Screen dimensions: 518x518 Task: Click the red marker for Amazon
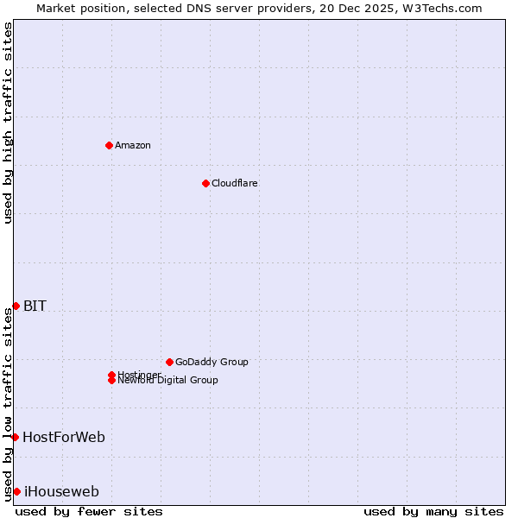click(x=109, y=145)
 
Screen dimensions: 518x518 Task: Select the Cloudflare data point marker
click(x=205, y=183)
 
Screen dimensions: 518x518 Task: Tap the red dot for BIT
click(x=16, y=306)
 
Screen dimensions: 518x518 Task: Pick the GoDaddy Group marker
click(x=169, y=362)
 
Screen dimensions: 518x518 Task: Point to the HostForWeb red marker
click(x=15, y=437)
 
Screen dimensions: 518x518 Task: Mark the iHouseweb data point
click(x=16, y=491)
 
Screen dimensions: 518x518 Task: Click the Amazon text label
click(x=133, y=145)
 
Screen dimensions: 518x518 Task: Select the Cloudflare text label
click(x=235, y=183)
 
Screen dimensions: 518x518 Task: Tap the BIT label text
click(x=35, y=306)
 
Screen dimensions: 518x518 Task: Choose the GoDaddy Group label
click(x=212, y=362)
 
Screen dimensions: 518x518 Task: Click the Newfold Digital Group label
click(x=168, y=381)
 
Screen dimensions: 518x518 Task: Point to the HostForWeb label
click(x=64, y=437)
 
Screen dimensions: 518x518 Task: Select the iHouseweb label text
click(x=61, y=491)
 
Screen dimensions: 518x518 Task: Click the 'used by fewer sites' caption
click(x=89, y=511)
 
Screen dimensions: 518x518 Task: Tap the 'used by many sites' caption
click(x=433, y=511)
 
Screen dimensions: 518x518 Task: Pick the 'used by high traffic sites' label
click(x=9, y=123)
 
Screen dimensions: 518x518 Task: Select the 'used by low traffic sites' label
click(x=9, y=403)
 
